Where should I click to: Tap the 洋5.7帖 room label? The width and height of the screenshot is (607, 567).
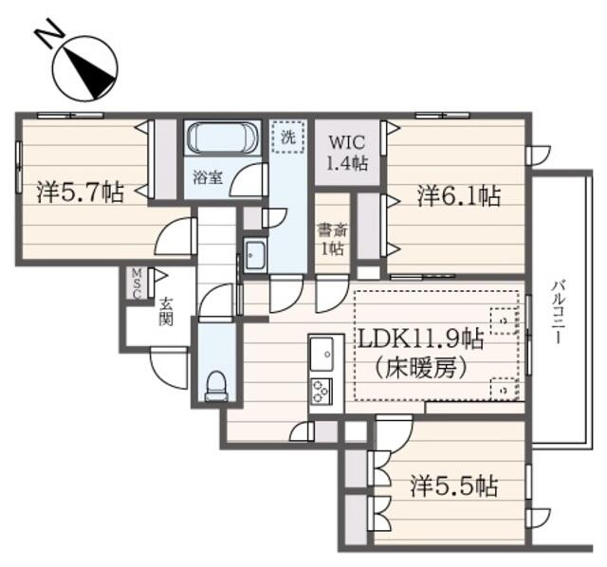[80, 193]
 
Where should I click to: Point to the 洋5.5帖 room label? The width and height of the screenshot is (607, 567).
[454, 487]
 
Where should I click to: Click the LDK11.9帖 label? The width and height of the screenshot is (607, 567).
[419, 339]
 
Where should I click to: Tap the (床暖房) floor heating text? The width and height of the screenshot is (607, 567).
[420, 368]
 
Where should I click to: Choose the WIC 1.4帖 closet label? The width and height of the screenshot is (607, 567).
[347, 152]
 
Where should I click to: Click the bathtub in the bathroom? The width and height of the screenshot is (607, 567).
[220, 139]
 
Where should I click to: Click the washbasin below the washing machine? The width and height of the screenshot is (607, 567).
[256, 253]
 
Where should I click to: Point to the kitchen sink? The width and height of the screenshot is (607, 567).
[322, 353]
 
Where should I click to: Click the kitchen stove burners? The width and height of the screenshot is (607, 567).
[322, 389]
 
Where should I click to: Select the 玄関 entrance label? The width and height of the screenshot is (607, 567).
[166, 312]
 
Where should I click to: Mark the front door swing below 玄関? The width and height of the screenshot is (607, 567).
[168, 365]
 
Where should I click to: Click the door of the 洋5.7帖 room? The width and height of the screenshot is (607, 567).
[176, 238]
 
